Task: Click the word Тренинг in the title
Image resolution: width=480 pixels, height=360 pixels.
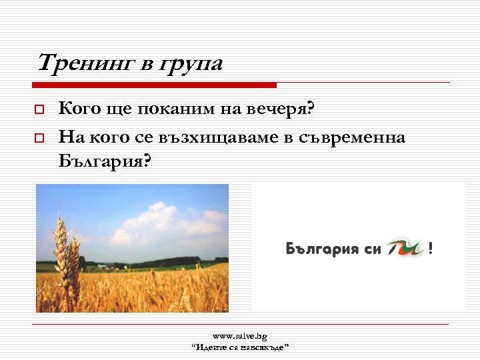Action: pyautogui.click(x=85, y=63)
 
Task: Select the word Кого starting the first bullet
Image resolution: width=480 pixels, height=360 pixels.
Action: pyautogui.click(x=79, y=107)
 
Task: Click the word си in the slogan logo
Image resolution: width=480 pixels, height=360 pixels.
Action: pyautogui.click(x=373, y=249)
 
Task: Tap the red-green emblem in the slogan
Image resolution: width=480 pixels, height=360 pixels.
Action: pyautogui.click(x=405, y=248)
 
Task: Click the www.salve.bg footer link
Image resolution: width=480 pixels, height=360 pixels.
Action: pyautogui.click(x=240, y=337)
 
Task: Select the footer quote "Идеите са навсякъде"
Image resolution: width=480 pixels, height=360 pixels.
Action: pyautogui.click(x=240, y=347)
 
